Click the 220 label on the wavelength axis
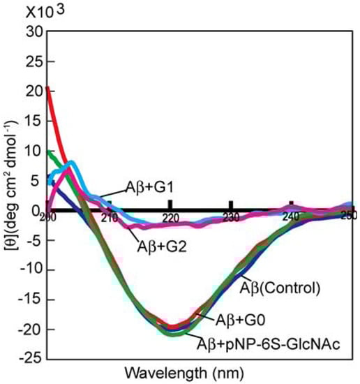pyautogui.click(x=170, y=217)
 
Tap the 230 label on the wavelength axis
pyautogui.click(x=231, y=217)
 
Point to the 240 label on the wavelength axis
pyautogui.click(x=292, y=217)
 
